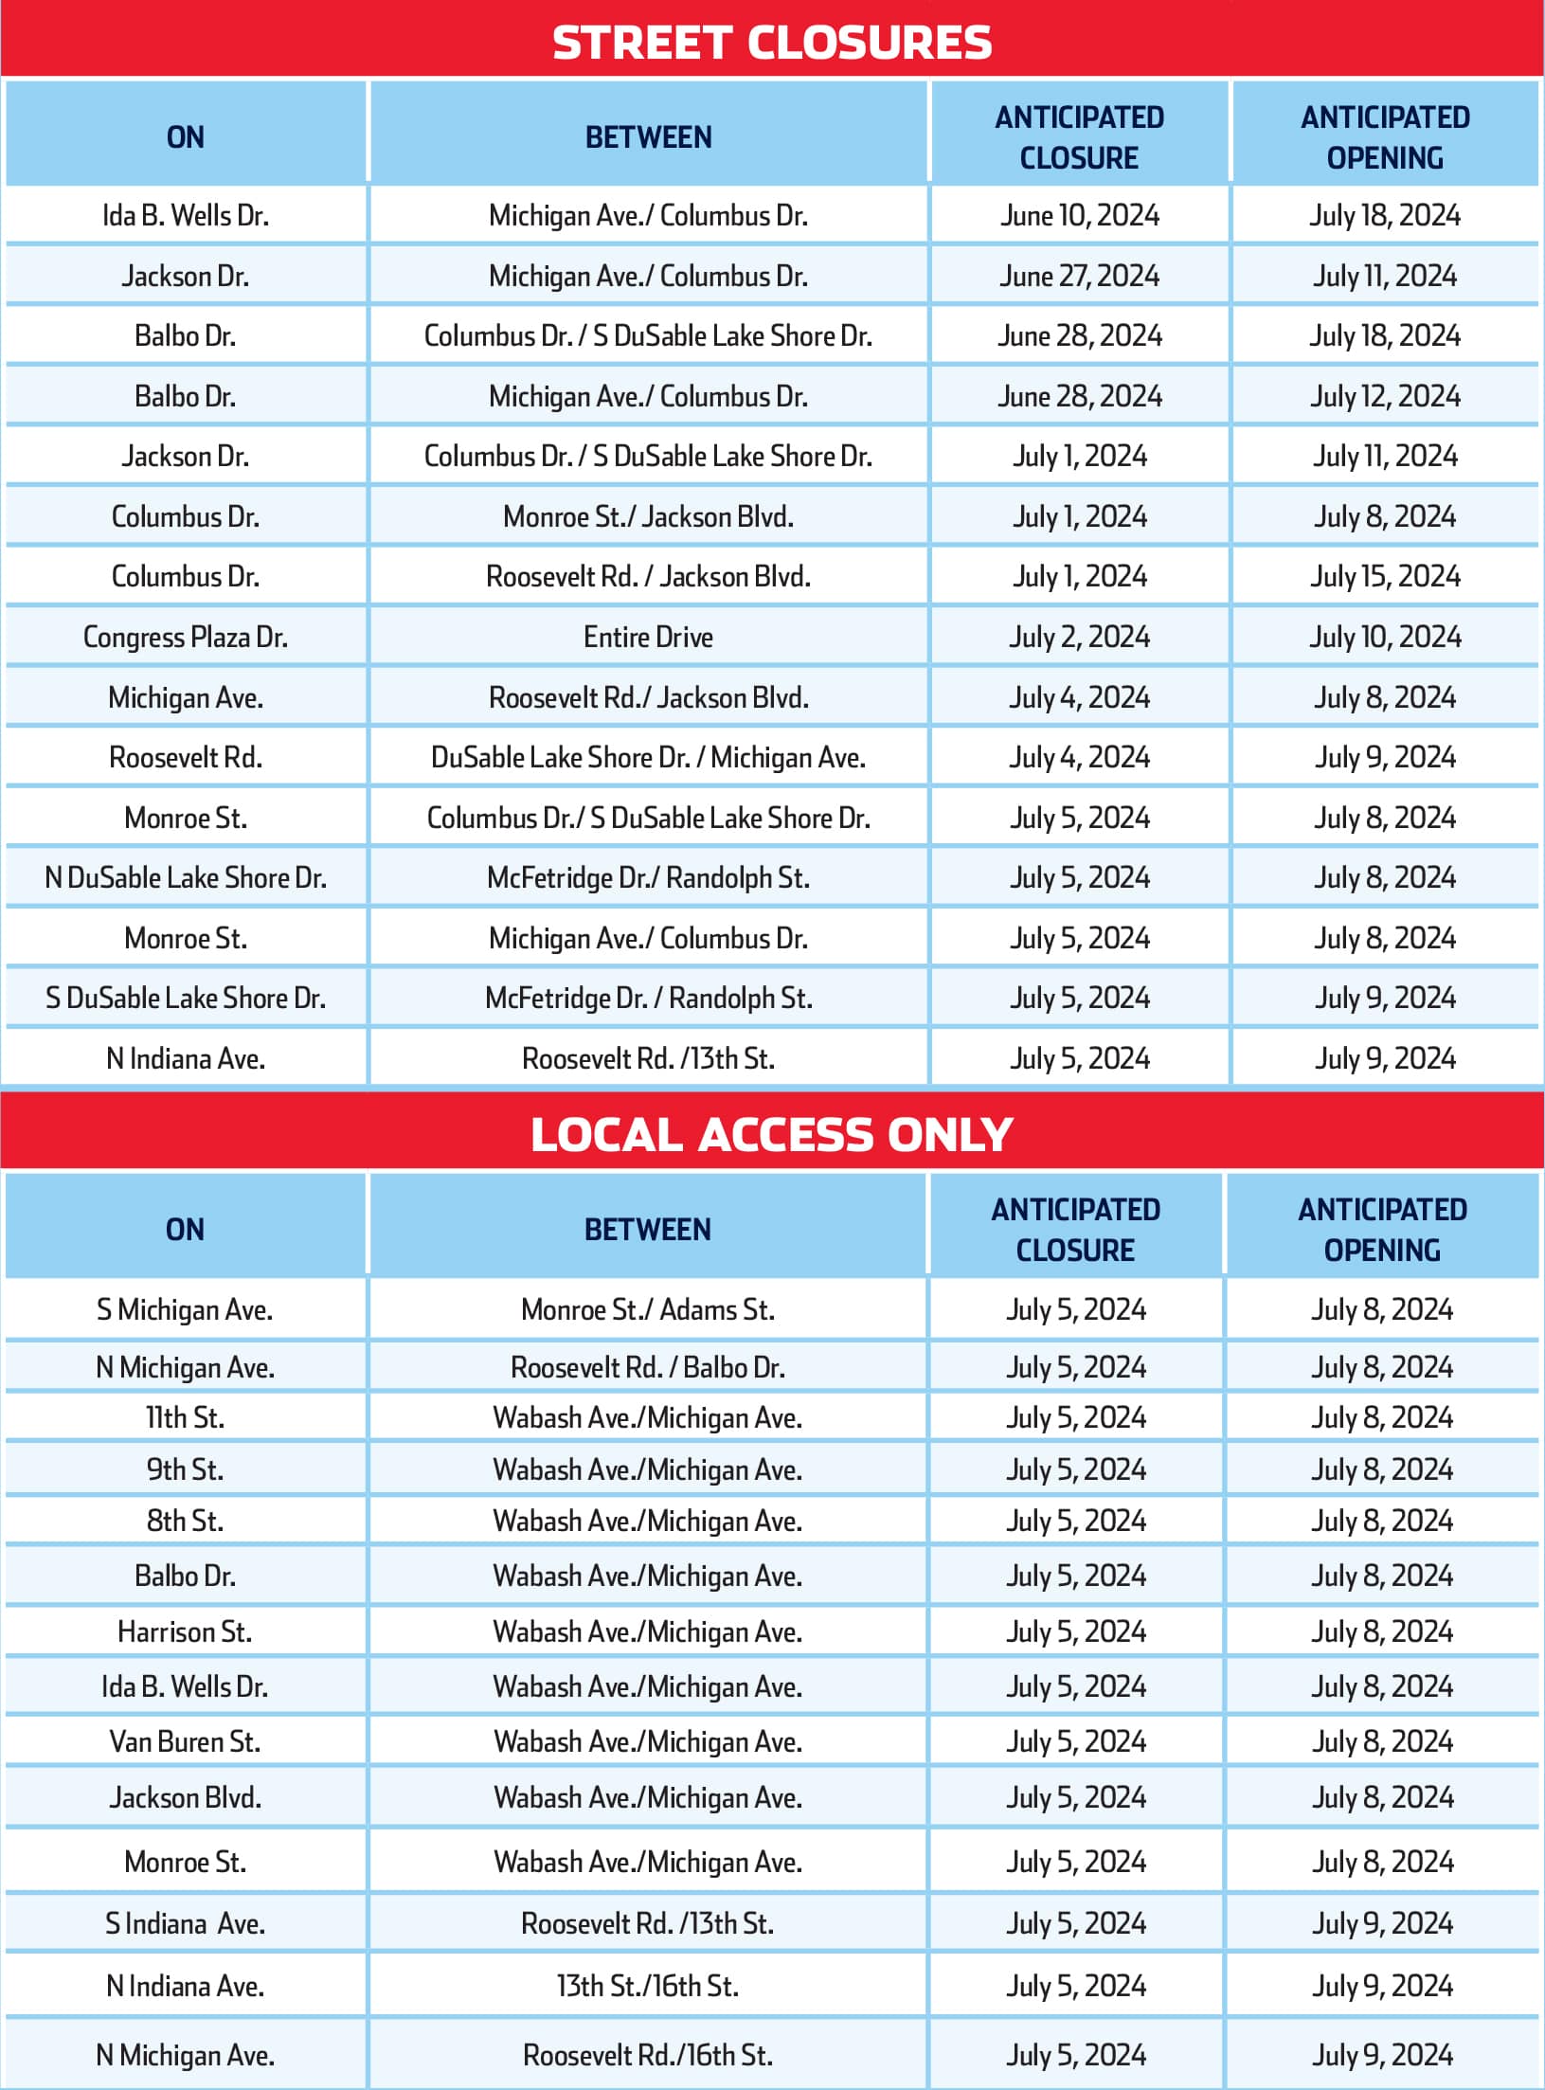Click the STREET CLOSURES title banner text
(x=772, y=44)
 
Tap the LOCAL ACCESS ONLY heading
(x=772, y=1134)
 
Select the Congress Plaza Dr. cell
(x=186, y=637)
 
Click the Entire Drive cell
(x=648, y=637)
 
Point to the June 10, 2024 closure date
(x=1080, y=216)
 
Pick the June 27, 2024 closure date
(x=1080, y=276)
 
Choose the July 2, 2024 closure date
(x=1080, y=637)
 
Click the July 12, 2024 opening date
(x=1385, y=396)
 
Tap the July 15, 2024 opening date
(x=1385, y=576)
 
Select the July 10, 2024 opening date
(x=1385, y=637)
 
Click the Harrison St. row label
(x=186, y=1631)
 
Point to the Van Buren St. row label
(x=186, y=1741)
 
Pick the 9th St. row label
(x=186, y=1469)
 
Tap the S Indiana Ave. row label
(x=186, y=1923)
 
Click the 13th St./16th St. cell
(x=648, y=1986)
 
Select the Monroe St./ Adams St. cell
(x=648, y=1309)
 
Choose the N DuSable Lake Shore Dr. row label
(x=186, y=877)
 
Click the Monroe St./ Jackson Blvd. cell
(x=648, y=516)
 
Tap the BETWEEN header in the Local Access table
(x=648, y=1229)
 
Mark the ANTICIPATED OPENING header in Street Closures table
(x=1385, y=137)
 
